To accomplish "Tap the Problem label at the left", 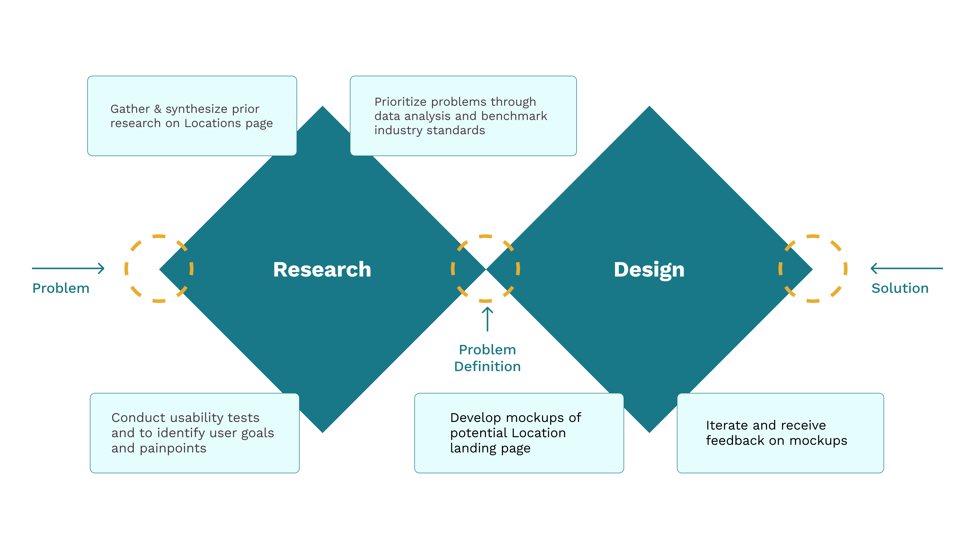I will click(x=61, y=288).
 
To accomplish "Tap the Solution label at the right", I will click(x=900, y=288).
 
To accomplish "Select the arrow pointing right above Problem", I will click(x=68, y=268).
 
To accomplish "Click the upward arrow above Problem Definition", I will click(x=487, y=319).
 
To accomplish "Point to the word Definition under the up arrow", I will click(x=487, y=366).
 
